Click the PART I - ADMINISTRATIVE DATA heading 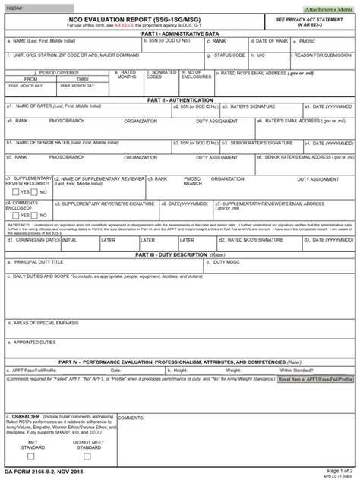pos(180,33)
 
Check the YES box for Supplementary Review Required pos(11,193)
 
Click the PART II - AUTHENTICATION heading pos(180,99)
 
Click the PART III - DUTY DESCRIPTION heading pos(180,254)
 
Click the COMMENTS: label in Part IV pos(131,417)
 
